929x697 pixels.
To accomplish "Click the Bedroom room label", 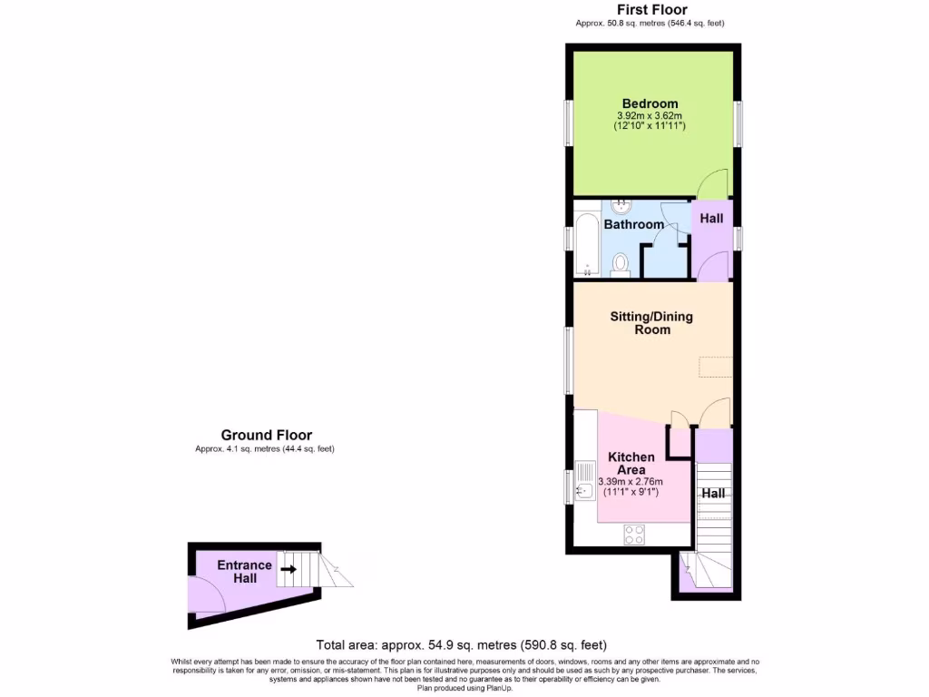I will click(x=650, y=103).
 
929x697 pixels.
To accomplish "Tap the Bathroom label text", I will click(x=634, y=224).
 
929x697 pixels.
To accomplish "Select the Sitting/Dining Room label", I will click(x=652, y=323).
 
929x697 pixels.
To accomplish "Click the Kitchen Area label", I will click(x=626, y=463).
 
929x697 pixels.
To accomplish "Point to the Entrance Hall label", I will click(x=244, y=572).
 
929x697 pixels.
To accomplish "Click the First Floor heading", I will click(x=652, y=10).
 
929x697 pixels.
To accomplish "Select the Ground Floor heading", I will click(x=266, y=436).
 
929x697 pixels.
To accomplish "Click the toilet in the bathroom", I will click(x=621, y=263).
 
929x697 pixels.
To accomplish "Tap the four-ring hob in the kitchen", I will click(x=634, y=535).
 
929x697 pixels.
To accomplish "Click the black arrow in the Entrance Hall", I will click(x=288, y=570).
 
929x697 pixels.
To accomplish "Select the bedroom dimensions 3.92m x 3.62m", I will click(x=650, y=116).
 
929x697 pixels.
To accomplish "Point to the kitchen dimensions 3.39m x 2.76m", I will click(x=631, y=482).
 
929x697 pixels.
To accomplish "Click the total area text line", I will click(x=461, y=645).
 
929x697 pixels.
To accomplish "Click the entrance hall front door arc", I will click(x=210, y=596).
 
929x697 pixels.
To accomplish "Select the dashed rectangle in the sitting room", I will click(x=716, y=367).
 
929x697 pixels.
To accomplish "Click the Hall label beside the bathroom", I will click(x=711, y=219).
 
